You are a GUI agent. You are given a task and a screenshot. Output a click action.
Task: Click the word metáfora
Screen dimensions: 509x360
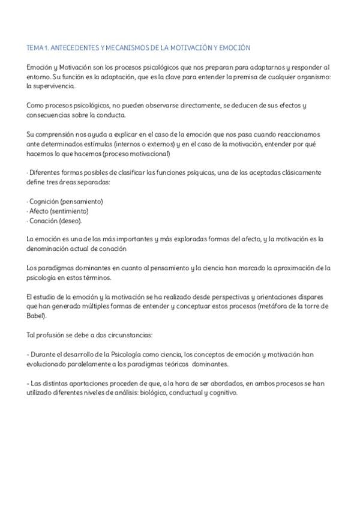[x=280, y=306]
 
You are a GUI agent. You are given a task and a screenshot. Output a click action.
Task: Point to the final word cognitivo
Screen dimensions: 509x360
[x=223, y=393]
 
